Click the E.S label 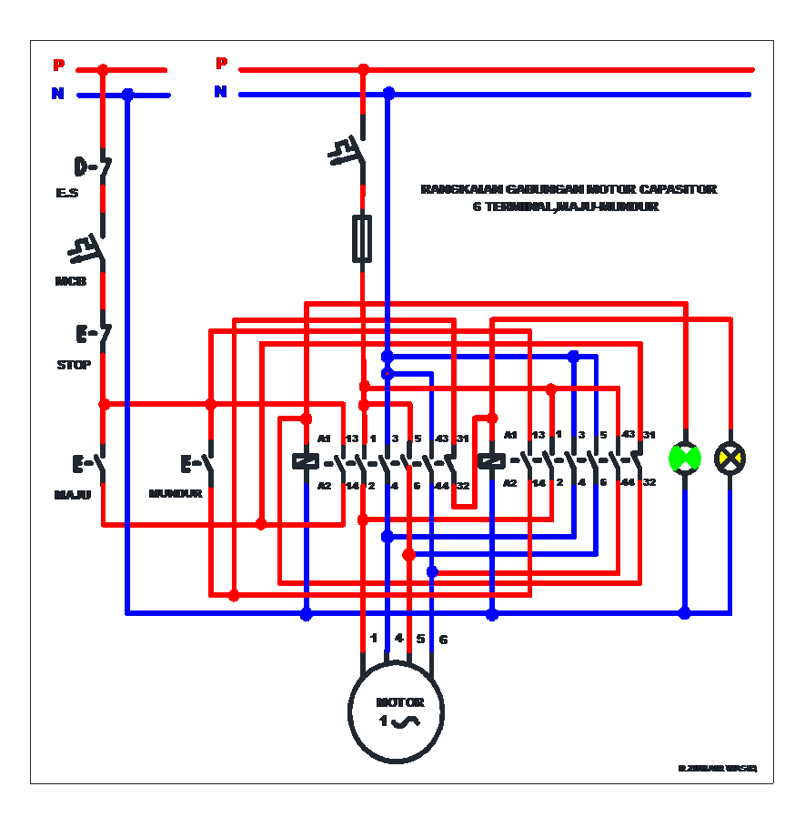click(67, 194)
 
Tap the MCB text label click(71, 281)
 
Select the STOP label click(74, 365)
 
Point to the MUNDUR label click(176, 494)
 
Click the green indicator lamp click(685, 458)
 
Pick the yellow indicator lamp click(730, 458)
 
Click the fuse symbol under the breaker click(362, 238)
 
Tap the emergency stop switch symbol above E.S click(93, 167)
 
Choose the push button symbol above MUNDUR click(198, 464)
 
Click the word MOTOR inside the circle click(400, 702)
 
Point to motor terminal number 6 click(443, 640)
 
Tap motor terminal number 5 click(420, 639)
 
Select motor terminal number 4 click(398, 639)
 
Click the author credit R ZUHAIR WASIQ click(717, 769)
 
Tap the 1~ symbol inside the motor click(398, 721)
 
